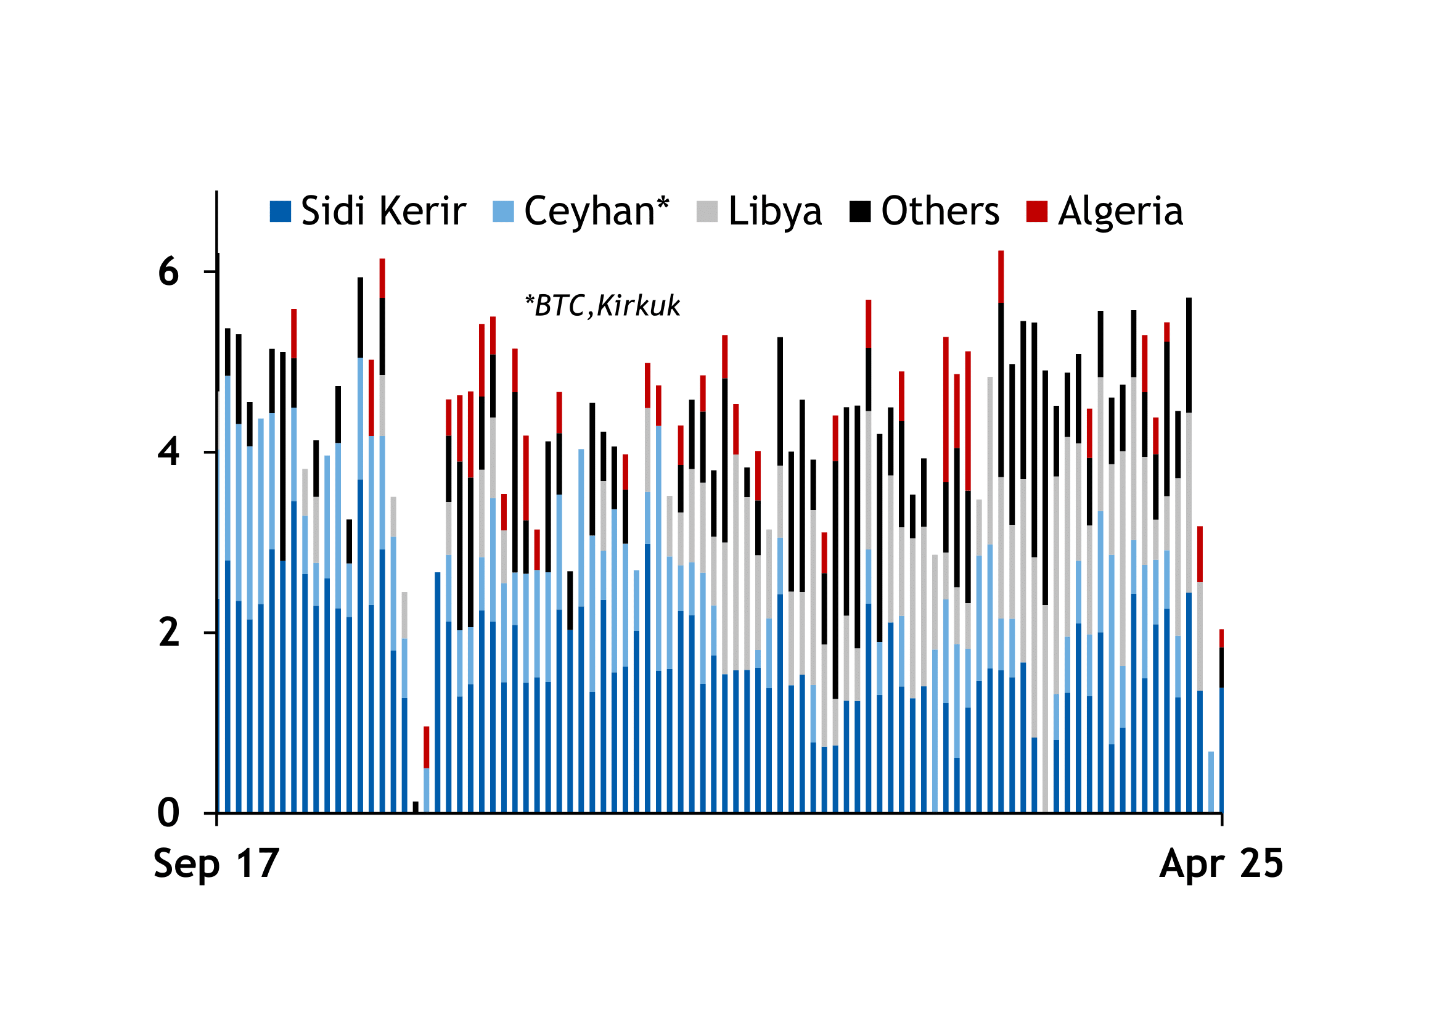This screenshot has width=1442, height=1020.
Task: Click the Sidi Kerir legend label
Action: [x=383, y=211]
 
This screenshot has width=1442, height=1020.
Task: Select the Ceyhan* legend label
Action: [x=597, y=211]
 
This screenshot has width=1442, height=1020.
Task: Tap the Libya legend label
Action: [x=775, y=211]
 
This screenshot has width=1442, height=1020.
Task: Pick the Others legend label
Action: [x=940, y=211]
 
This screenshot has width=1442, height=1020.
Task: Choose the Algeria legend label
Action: [x=1120, y=211]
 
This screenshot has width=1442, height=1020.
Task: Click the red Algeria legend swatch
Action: [x=1037, y=212]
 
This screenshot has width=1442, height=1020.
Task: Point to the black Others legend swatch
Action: [x=860, y=212]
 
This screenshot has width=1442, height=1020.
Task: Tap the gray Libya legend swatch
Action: [x=707, y=212]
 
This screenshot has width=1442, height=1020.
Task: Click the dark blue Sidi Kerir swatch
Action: [x=280, y=212]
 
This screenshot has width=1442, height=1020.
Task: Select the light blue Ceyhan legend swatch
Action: [x=503, y=212]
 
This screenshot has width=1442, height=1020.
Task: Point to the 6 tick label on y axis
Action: [x=168, y=272]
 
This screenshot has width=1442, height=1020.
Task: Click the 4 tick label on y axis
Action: [x=168, y=452]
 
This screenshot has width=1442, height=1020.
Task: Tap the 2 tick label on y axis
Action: [x=168, y=633]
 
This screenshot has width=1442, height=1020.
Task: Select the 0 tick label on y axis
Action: [x=168, y=813]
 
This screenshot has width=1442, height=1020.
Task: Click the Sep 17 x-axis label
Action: [x=216, y=863]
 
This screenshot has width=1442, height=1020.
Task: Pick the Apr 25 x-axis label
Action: [x=1221, y=863]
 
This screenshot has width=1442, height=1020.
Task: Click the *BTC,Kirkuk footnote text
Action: [x=602, y=306]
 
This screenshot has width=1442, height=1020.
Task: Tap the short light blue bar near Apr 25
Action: [x=1211, y=782]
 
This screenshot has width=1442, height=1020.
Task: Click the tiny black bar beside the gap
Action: [x=416, y=807]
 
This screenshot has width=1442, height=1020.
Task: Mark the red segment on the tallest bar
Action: [x=1001, y=276]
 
